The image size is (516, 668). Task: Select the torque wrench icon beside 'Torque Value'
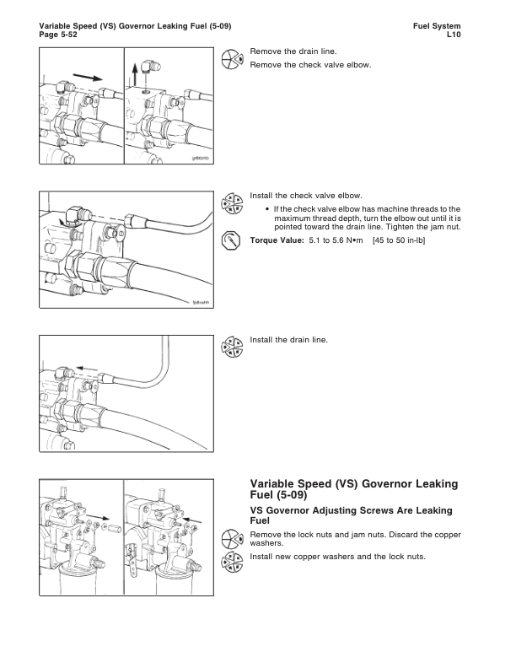[x=231, y=240]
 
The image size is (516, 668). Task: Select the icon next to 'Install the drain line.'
[x=231, y=346]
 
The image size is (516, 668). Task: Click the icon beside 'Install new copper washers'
[x=231, y=561]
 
